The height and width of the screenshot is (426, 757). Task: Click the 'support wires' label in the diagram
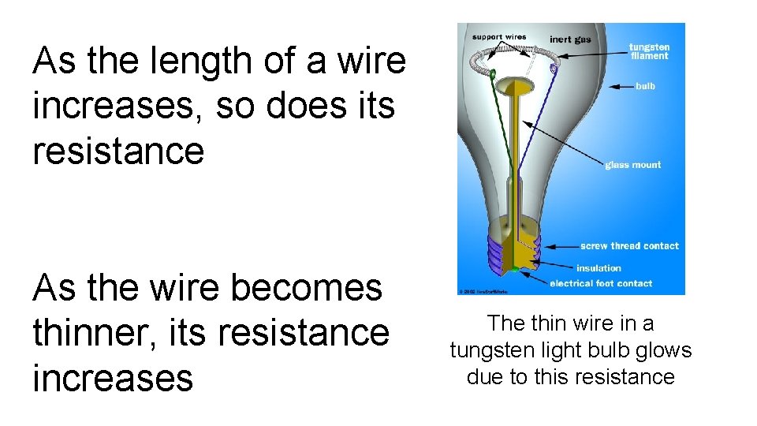point(500,37)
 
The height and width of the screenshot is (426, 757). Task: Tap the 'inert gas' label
point(570,39)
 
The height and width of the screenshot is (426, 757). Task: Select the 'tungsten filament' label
point(649,51)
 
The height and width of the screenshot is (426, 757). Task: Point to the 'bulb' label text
point(645,86)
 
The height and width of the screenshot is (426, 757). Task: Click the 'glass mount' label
point(632,165)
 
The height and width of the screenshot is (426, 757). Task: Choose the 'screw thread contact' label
point(629,246)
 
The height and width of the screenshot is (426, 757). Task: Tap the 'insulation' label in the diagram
point(599,268)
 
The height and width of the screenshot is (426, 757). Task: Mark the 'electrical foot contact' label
point(601,283)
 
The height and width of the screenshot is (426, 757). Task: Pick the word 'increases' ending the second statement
point(113,377)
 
